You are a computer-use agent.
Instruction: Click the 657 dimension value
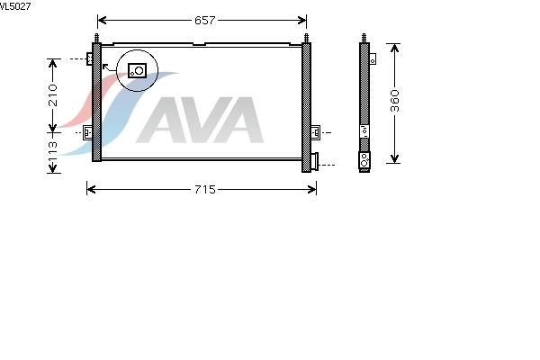tap(204, 21)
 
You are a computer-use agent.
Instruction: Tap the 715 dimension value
tap(205, 190)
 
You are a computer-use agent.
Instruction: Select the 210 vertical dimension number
tap(53, 95)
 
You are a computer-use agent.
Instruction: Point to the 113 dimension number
tap(53, 151)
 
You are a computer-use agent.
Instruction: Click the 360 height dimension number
tap(395, 101)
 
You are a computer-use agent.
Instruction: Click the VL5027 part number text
tap(15, 6)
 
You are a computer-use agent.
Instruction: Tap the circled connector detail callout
tap(138, 70)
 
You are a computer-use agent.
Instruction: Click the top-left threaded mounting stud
tap(97, 38)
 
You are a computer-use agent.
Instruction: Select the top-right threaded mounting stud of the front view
tap(306, 38)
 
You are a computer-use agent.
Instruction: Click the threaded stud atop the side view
tap(364, 38)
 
